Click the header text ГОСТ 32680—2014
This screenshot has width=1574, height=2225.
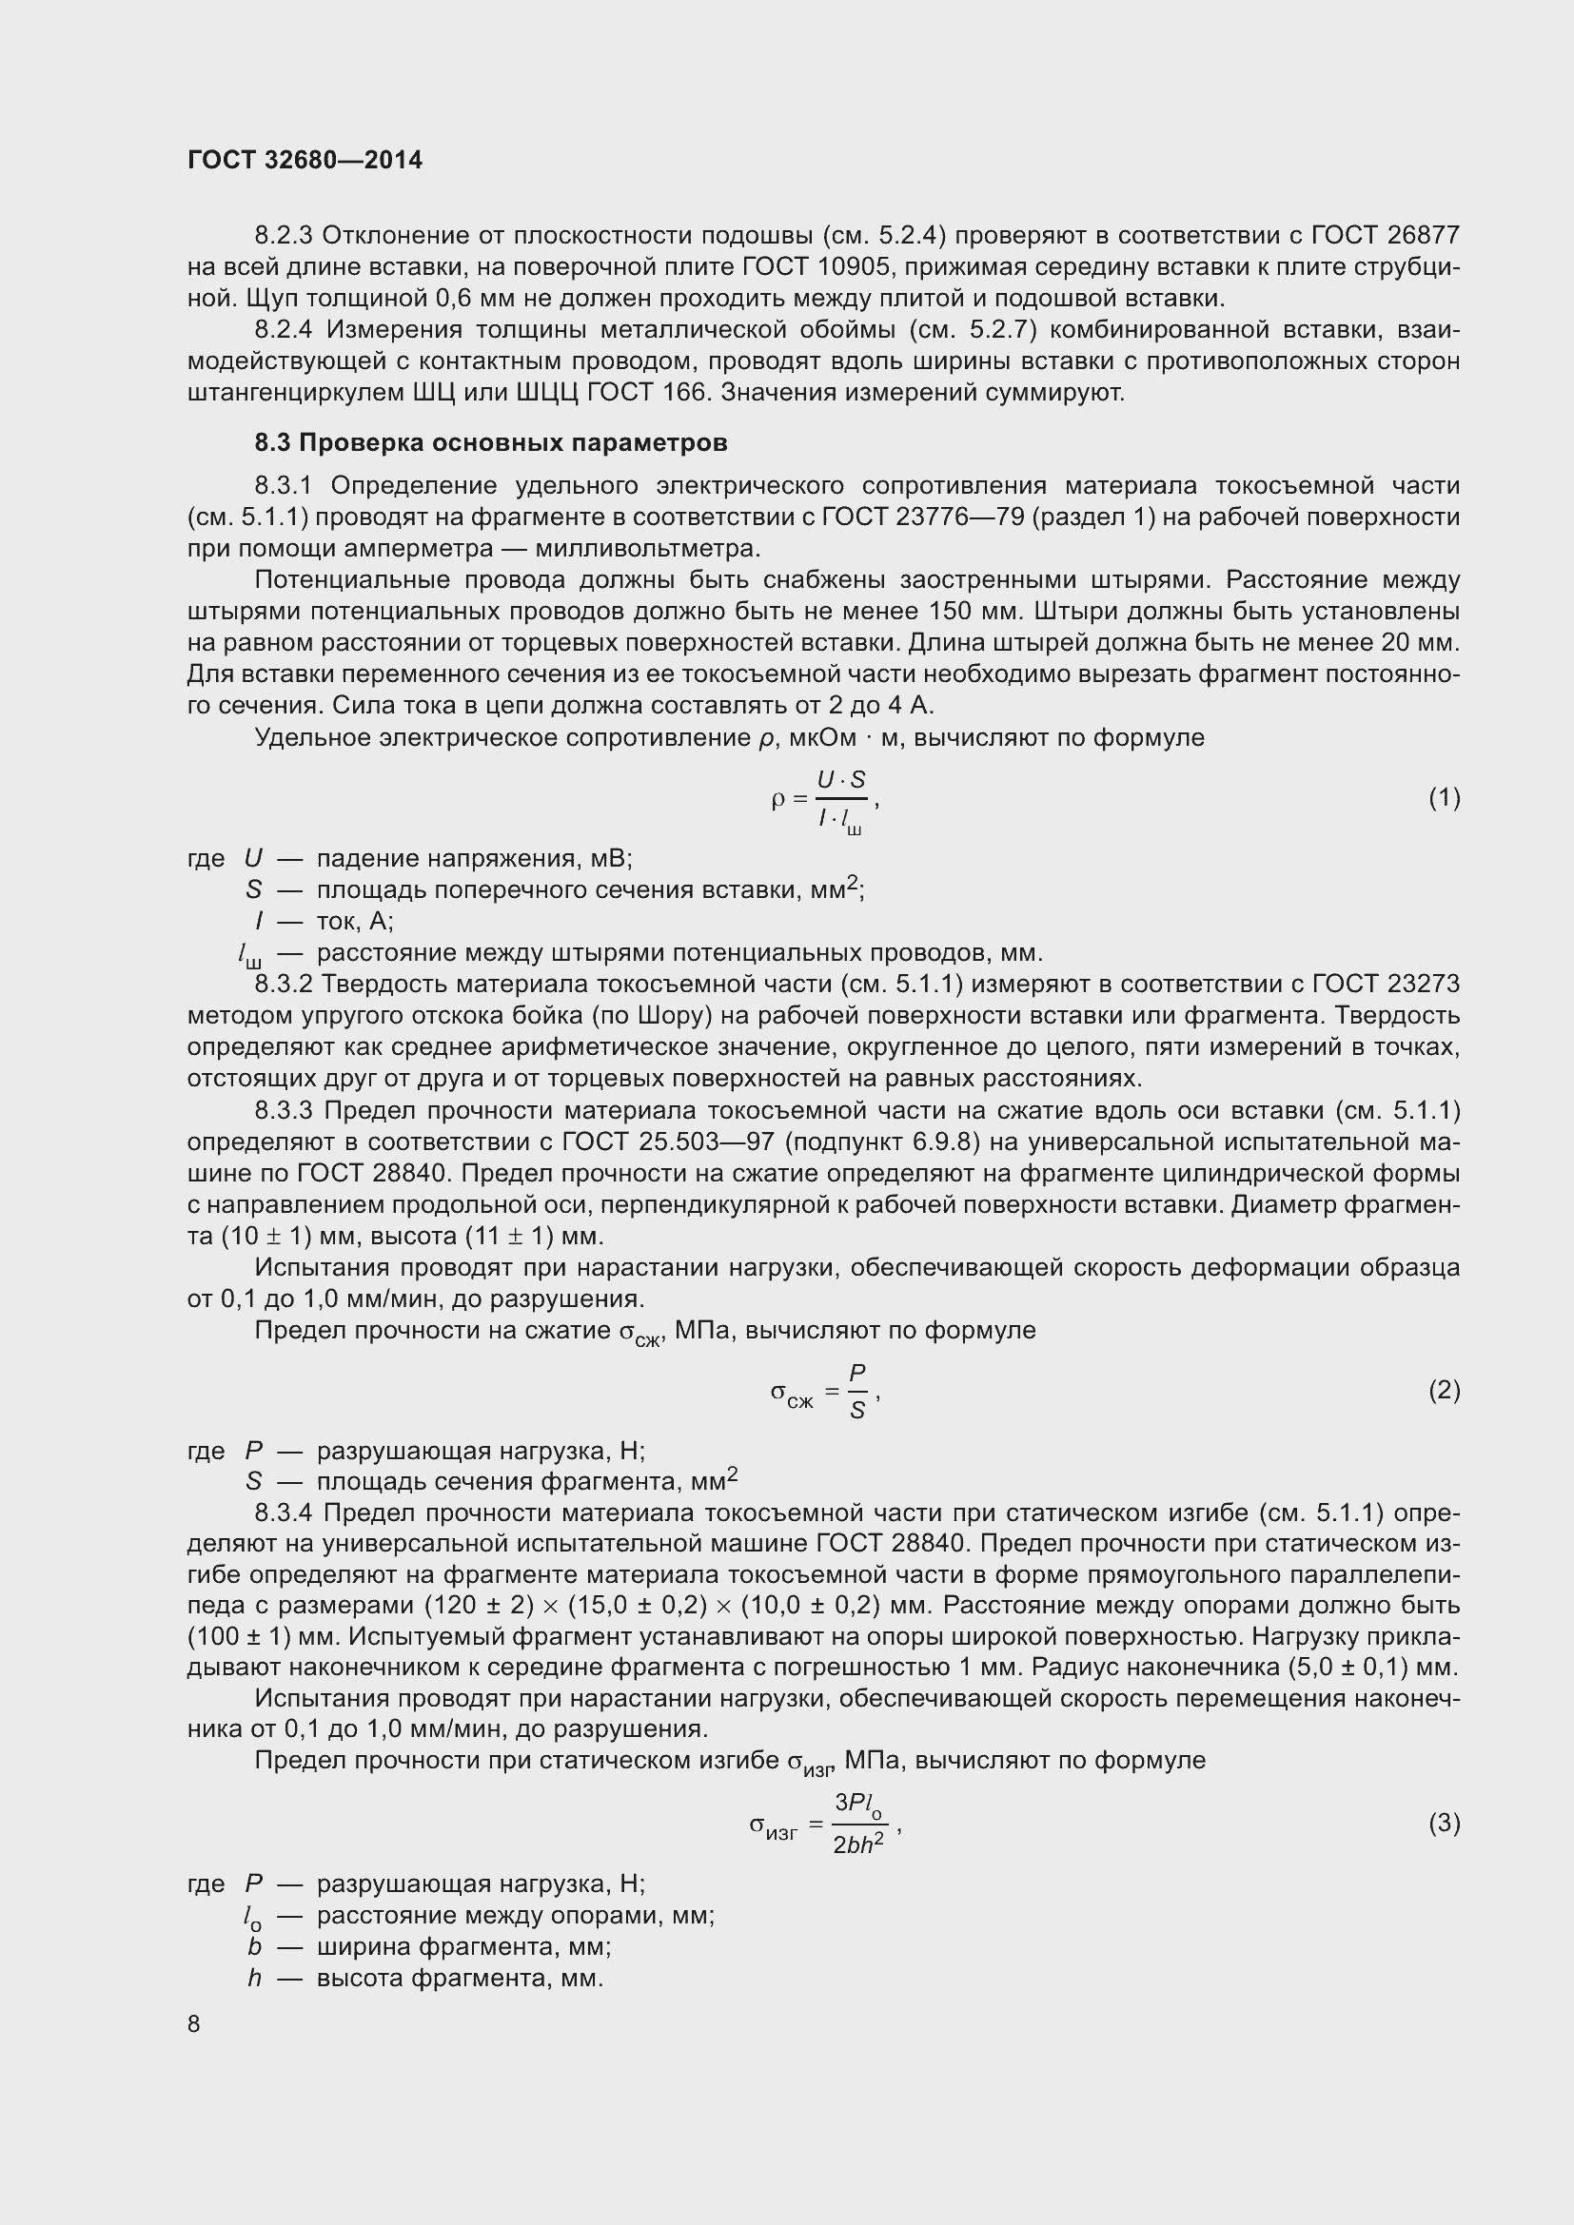click(x=305, y=160)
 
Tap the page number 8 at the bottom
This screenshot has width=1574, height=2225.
click(x=194, y=2023)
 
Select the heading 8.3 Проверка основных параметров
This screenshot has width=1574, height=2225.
click(x=490, y=443)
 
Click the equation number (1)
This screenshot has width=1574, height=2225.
click(x=1444, y=797)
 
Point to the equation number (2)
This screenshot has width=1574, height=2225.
click(x=1444, y=1391)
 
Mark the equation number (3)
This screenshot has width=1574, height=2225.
click(x=1444, y=1823)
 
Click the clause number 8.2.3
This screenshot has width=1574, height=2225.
click(x=283, y=236)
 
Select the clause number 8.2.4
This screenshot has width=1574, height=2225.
click(x=283, y=329)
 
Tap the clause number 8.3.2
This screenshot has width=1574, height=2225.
click(x=283, y=984)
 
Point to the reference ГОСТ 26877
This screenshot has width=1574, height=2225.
click(x=1385, y=236)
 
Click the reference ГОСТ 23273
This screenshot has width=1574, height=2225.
click(x=1385, y=984)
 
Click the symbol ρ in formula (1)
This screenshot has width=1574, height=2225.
click(x=777, y=799)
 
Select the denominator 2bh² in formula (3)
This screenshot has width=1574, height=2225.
click(x=857, y=1844)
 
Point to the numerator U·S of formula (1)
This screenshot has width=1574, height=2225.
click(x=841, y=780)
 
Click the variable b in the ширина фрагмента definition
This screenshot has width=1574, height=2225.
click(x=255, y=1947)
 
